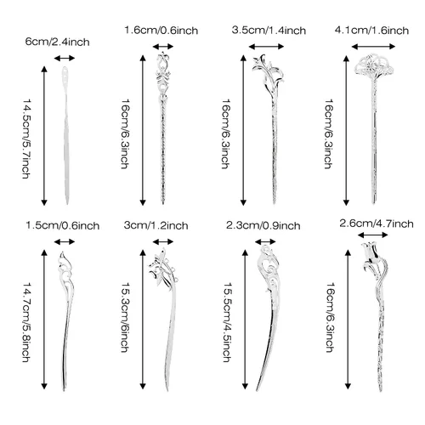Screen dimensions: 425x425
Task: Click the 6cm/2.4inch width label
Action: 57,42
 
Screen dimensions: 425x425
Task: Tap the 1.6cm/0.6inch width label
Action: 161,31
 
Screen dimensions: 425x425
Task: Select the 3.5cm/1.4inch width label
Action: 269,31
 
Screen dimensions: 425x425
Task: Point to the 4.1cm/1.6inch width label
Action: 371,31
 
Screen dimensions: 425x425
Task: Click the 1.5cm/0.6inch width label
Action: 63,226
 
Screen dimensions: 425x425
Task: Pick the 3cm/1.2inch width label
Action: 156,225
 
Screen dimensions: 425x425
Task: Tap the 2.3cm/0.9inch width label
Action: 263,226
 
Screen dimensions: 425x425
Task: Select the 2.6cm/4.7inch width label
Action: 377,224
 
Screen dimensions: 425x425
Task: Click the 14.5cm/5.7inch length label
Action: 26,139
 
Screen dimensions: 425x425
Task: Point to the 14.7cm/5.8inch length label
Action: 26,322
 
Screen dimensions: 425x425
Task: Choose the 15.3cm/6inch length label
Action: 125,317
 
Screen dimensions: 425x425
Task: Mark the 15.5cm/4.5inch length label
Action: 227,322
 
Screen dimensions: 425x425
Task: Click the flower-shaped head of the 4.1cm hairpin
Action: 373,67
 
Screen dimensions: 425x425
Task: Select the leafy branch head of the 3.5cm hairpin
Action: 268,71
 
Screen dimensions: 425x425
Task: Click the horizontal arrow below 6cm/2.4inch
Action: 65,59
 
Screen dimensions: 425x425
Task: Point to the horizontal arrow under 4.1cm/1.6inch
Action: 373,47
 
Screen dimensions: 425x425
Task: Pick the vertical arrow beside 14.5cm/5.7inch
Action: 44,136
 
